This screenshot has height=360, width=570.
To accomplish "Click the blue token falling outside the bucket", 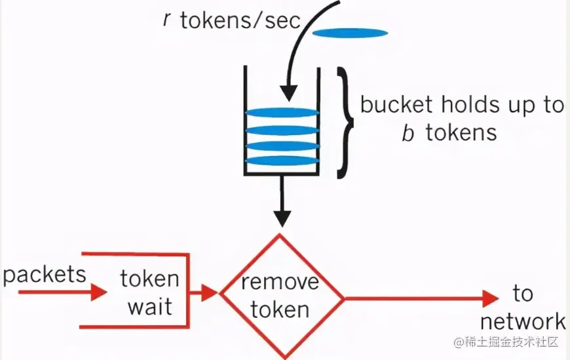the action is point(350,33).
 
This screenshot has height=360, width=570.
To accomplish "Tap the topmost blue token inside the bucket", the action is point(282,113).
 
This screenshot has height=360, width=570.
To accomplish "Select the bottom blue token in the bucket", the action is point(282,161).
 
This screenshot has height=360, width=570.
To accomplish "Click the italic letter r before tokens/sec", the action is point(167,20).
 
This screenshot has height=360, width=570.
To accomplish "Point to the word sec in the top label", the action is point(283,20).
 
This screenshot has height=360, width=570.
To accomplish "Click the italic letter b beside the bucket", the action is point(408,132).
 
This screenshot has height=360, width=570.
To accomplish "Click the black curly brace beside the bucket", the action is point(345,123).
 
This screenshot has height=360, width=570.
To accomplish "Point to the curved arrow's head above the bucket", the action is point(289,93).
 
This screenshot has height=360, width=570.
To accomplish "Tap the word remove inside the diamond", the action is point(280,283).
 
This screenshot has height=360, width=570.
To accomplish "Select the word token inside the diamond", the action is point(280,310).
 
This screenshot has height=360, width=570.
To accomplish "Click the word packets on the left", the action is point(45,275).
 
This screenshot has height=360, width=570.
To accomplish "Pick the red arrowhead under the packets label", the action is point(98,292).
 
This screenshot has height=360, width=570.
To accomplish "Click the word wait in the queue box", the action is point(150,307).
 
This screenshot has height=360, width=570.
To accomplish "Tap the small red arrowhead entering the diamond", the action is point(209,292).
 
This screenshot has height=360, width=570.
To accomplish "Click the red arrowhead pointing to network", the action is point(490,298).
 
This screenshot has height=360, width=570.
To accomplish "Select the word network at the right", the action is point(523,321).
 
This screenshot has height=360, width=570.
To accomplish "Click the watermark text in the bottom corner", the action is point(506,342).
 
